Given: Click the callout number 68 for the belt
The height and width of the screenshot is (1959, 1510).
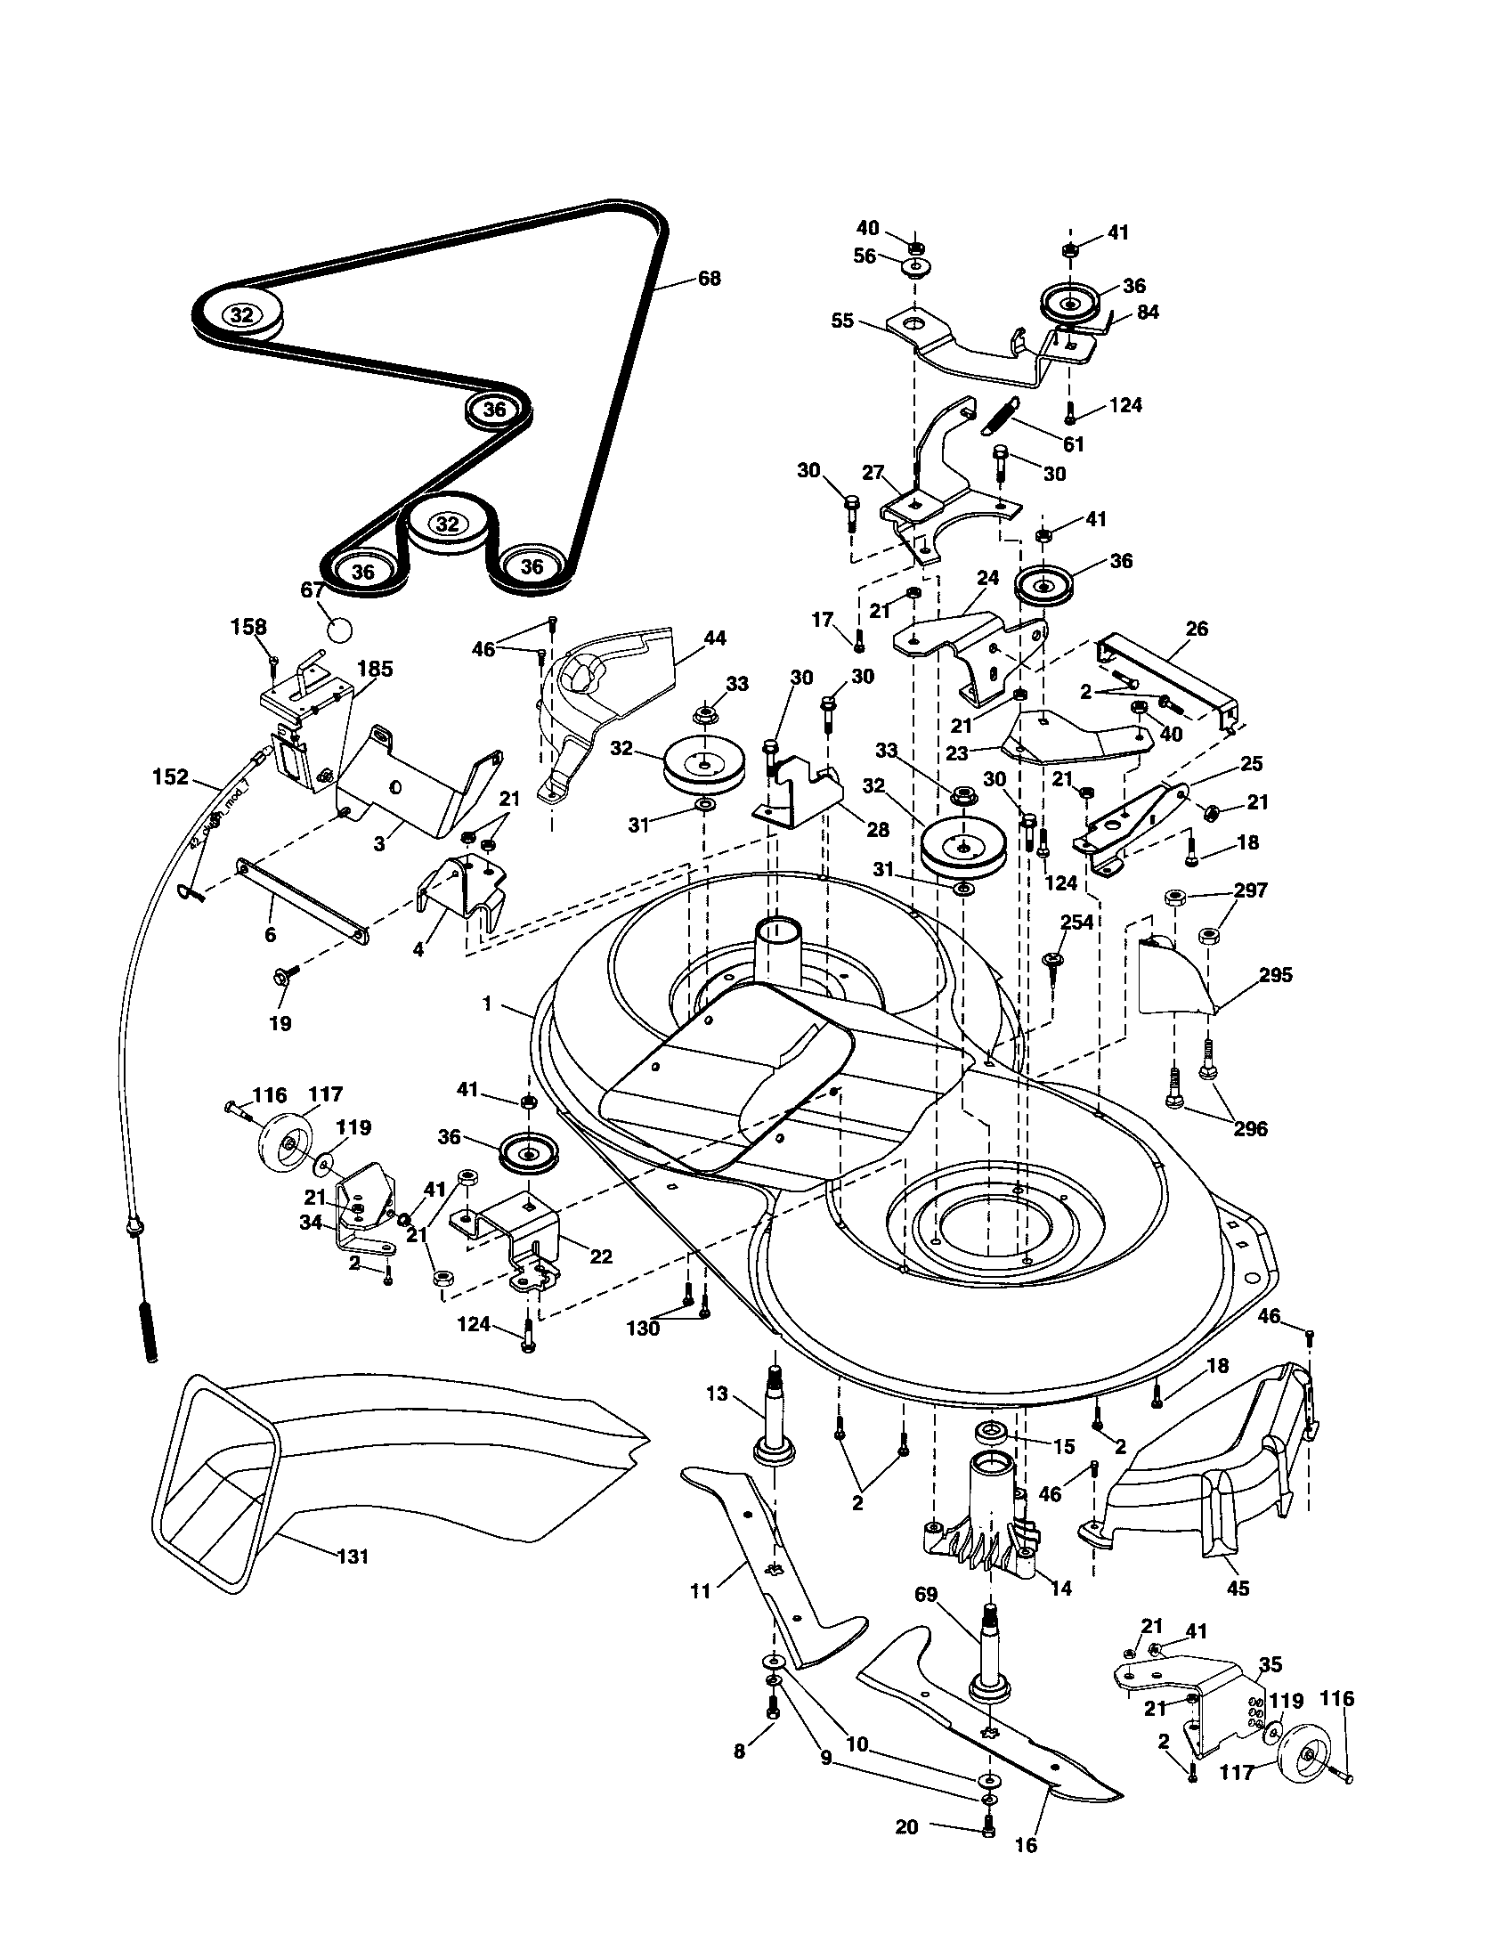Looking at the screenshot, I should pos(709,279).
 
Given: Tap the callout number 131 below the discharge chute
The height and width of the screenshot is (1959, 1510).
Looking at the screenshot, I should pos(353,1557).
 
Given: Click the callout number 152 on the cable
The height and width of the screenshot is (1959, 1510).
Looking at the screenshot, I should pos(170,777).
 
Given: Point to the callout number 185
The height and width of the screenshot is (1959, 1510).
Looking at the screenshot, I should pos(375,668).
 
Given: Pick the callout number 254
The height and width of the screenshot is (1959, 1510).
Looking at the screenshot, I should pos(1077,923).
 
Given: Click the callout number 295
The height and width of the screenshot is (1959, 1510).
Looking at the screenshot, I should pos(1275,975).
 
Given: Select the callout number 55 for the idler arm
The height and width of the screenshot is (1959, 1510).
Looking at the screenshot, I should pos(842,321).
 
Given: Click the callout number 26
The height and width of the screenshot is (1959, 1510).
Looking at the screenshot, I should pos(1197,629).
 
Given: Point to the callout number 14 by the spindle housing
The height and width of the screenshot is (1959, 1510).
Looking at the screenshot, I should pos(1060,1589).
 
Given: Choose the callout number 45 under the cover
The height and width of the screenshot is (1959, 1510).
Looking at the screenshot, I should pos(1238,1589).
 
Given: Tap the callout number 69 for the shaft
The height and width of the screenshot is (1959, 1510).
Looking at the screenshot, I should pos(926,1595).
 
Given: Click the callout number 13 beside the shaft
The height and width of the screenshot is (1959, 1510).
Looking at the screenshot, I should pos(718,1394).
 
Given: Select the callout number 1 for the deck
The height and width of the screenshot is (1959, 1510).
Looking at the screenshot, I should pos(487,1004).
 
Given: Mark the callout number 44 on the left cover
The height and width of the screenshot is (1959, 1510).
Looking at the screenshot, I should pos(715,638).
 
